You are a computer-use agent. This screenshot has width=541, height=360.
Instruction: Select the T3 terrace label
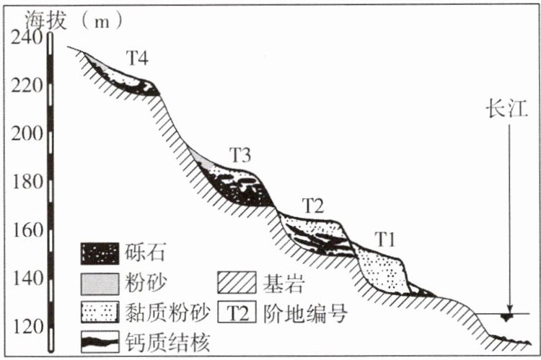[240, 154]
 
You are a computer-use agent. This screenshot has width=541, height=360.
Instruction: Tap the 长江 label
[508, 110]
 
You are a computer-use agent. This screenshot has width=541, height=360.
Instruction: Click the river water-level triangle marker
[508, 317]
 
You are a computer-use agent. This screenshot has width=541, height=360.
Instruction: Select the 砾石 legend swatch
[99, 253]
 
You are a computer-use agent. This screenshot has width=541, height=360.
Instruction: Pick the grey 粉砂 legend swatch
[99, 282]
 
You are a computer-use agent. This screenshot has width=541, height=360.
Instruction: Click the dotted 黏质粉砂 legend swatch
[99, 312]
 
